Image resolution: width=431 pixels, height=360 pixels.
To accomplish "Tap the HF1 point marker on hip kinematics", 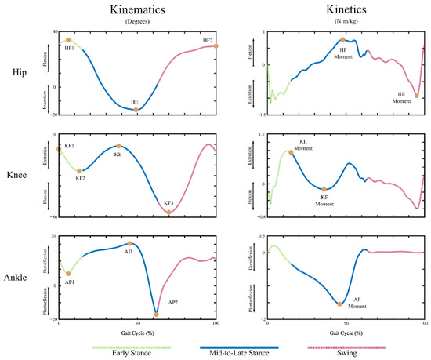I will pyautogui.click(x=68, y=39).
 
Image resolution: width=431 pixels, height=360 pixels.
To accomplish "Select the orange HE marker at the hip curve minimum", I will pyautogui.click(x=136, y=110).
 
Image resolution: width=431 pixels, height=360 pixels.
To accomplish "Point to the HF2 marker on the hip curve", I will pyautogui.click(x=215, y=46).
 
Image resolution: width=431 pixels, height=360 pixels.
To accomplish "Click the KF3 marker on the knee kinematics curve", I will pyautogui.click(x=168, y=213).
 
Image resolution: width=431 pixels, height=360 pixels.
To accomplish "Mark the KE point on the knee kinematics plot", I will pyautogui.click(x=118, y=146).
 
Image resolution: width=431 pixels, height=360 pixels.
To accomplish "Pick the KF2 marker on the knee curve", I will pyautogui.click(x=79, y=169).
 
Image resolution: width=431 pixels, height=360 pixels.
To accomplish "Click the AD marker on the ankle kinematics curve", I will pyautogui.click(x=130, y=244).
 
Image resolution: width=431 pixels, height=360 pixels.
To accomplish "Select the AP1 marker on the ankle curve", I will pyautogui.click(x=68, y=274).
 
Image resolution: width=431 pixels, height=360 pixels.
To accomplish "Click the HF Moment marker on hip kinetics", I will pyautogui.click(x=342, y=39).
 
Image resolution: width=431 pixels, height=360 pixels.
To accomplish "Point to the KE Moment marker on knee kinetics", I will pyautogui.click(x=292, y=152).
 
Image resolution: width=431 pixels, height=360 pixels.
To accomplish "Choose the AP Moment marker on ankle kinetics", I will pyautogui.click(x=340, y=304).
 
